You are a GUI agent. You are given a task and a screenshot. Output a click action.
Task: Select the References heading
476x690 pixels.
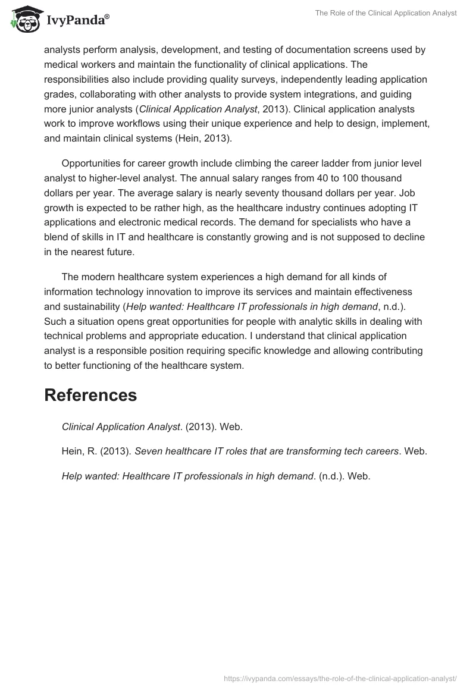pyautogui.click(x=90, y=395)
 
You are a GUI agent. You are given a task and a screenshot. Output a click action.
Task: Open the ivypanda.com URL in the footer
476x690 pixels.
pyautogui.click(x=340, y=678)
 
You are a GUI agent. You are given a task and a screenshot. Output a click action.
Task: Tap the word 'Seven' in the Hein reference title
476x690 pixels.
pyautogui.click(x=148, y=451)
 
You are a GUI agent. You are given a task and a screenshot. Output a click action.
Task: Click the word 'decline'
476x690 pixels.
pyautogui.click(x=409, y=237)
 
